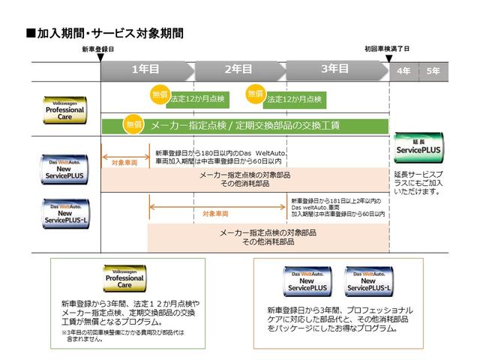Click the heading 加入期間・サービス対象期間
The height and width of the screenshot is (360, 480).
[x=104, y=34]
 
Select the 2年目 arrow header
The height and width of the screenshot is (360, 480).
[x=238, y=69]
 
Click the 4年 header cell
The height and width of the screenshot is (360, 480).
[x=403, y=70]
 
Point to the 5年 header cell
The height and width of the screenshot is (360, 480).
[x=433, y=70]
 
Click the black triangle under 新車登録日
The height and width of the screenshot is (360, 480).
[x=100, y=56]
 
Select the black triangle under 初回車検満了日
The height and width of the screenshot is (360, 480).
[x=389, y=56]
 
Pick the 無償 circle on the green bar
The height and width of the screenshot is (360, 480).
[x=133, y=124]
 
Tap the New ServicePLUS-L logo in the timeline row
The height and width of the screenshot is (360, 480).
[x=65, y=212]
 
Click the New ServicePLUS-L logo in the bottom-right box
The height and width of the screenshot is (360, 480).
[x=369, y=281]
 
